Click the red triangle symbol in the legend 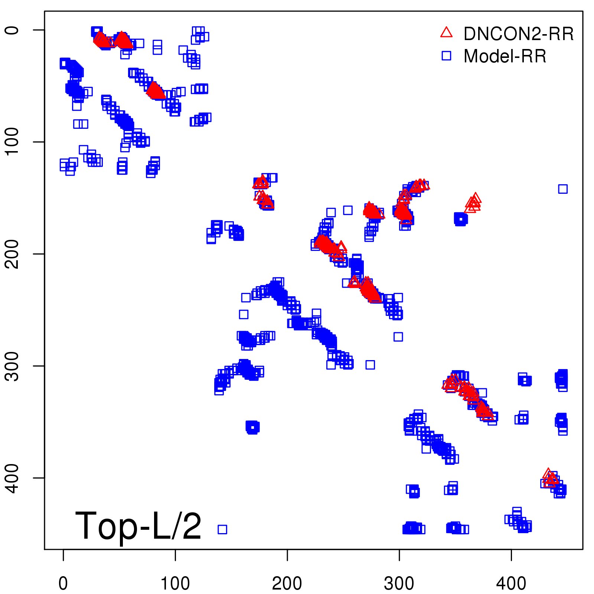pyautogui.click(x=446, y=33)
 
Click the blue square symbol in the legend pyautogui.click(x=446, y=56)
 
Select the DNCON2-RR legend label pyautogui.click(x=518, y=34)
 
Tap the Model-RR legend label pyautogui.click(x=505, y=56)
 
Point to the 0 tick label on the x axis pyautogui.click(x=63, y=584)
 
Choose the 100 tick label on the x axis pyautogui.click(x=175, y=584)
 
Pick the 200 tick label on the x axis pyautogui.click(x=287, y=584)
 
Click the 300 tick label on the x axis pyautogui.click(x=399, y=584)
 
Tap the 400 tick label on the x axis pyautogui.click(x=511, y=584)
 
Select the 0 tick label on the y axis pyautogui.click(x=12, y=30)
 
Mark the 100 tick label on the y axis pyautogui.click(x=12, y=141)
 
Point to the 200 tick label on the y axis pyautogui.click(x=12, y=254)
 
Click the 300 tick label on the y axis pyautogui.click(x=12, y=366)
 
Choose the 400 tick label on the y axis pyautogui.click(x=12, y=478)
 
